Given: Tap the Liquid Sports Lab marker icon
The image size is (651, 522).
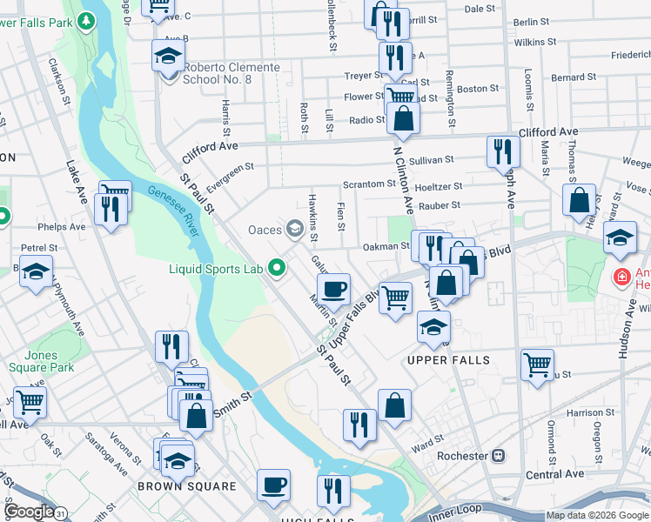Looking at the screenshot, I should coord(279,268).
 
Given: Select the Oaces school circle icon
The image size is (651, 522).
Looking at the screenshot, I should coord(296,229).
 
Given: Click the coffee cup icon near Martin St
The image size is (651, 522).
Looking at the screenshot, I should coord(334,289).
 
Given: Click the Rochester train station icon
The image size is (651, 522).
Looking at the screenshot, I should coord(500,456).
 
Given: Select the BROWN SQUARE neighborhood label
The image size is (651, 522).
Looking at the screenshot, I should coord(186,486).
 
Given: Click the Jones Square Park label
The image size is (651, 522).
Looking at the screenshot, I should coord(41,361).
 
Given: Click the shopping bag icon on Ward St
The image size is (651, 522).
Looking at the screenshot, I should coord(394,405).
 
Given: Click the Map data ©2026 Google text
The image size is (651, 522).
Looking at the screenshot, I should coord(597,516).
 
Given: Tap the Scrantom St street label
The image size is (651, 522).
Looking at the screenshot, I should coord(369,184).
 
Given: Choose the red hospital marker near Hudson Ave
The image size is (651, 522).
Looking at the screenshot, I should coord(621,278).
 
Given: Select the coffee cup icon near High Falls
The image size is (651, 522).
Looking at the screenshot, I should coord(273,484).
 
